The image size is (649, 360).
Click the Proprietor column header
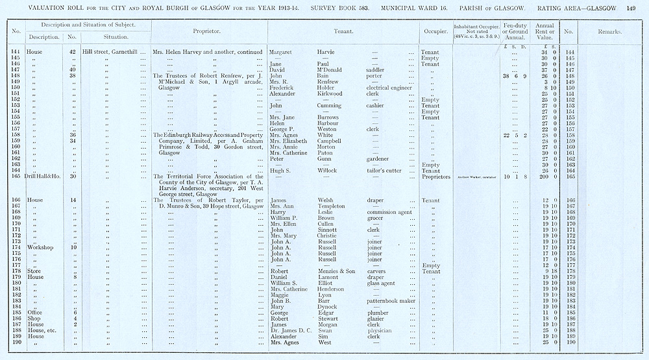coord(207,31)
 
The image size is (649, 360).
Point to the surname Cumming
coord(329,106)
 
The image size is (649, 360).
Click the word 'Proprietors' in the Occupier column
coord(436,176)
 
